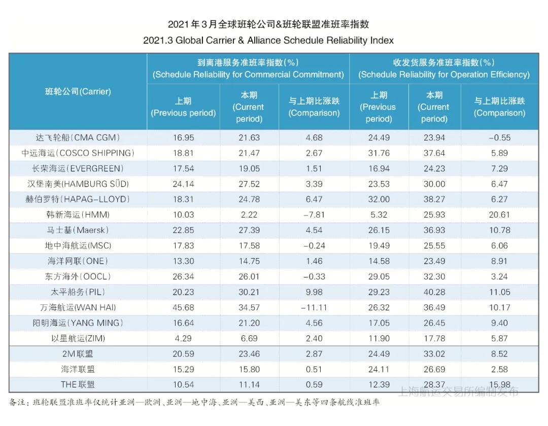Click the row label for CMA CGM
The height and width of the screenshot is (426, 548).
(78, 137)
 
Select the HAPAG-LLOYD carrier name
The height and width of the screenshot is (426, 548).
(78, 199)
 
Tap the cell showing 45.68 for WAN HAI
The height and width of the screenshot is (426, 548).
(183, 307)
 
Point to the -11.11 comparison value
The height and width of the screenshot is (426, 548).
(314, 307)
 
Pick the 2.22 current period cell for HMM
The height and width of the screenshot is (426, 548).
(249, 215)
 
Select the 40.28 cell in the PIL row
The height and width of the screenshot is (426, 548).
(434, 292)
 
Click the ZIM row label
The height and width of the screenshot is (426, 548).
(78, 338)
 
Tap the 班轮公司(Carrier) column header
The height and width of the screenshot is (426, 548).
(78, 92)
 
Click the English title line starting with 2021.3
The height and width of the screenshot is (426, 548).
(268, 41)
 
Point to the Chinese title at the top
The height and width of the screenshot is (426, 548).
(268, 24)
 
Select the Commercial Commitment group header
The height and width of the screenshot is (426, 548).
(248, 68)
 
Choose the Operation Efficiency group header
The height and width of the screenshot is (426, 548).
(443, 68)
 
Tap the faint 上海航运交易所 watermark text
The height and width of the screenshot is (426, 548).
(458, 391)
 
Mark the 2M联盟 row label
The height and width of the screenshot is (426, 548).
(78, 354)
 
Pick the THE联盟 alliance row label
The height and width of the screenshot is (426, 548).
(78, 385)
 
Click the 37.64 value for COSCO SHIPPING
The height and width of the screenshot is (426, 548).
(434, 153)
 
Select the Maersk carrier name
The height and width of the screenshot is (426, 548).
(78, 230)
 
